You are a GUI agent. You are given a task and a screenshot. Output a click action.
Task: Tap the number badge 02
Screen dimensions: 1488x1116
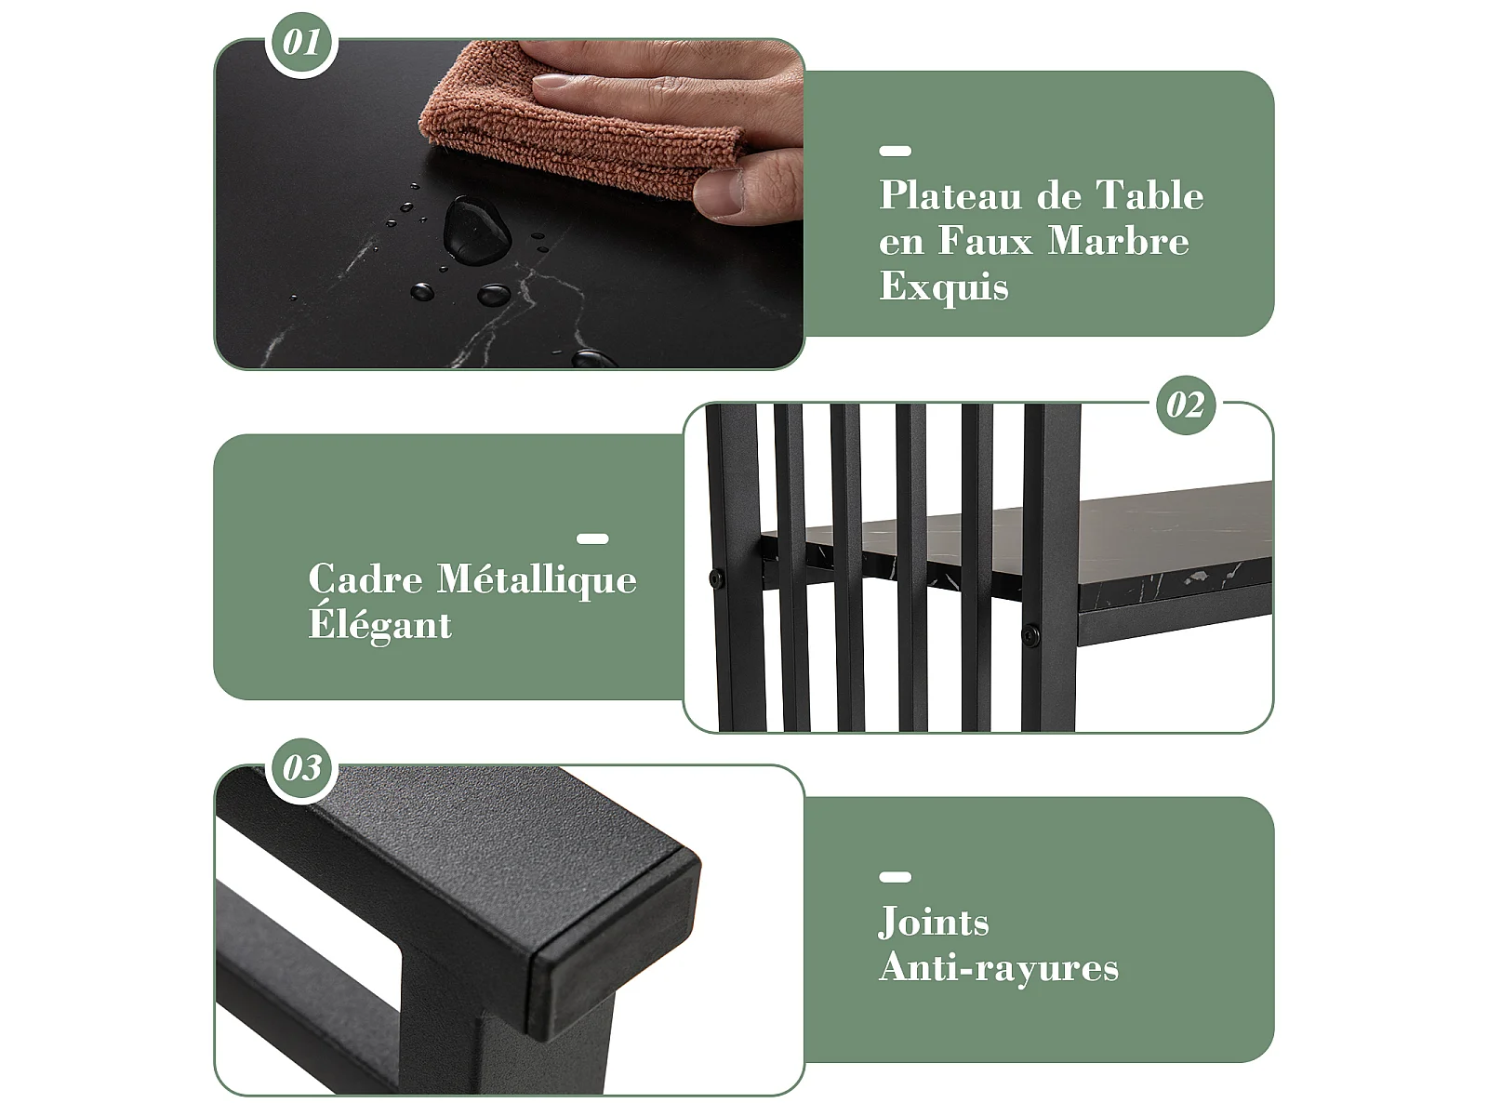(1186, 405)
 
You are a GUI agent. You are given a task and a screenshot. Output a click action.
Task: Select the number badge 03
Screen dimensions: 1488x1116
(301, 769)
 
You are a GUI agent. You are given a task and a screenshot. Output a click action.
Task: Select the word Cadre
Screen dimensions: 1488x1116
(365, 579)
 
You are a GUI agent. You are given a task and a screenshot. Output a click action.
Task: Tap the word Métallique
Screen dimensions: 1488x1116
(537, 580)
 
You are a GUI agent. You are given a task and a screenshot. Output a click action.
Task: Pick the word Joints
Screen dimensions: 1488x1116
(934, 923)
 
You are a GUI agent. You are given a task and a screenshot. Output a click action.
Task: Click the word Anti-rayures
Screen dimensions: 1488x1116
(999, 967)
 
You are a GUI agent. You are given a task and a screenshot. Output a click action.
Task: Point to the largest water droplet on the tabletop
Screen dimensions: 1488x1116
(476, 228)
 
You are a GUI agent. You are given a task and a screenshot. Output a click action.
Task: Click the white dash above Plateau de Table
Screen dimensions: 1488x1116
(895, 151)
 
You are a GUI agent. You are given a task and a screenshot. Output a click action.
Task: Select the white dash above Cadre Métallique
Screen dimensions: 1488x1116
(592, 538)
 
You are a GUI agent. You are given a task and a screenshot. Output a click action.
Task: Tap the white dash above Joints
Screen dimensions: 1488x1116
(895, 877)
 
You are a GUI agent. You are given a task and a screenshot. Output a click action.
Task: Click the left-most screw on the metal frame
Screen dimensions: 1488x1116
(716, 578)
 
